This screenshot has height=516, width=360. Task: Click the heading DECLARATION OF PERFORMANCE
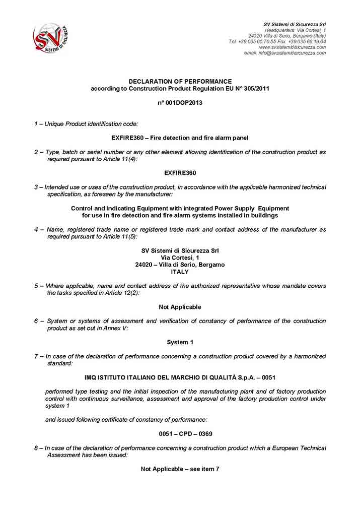click(x=180, y=81)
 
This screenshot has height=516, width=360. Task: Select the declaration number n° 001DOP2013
click(x=180, y=102)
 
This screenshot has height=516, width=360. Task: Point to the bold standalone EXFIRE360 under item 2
click(x=180, y=173)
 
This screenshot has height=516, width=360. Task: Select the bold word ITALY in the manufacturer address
click(x=180, y=272)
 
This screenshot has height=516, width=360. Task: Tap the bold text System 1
click(x=180, y=342)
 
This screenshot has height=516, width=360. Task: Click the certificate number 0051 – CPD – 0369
click(x=180, y=434)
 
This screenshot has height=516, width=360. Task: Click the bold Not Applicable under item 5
click(x=180, y=307)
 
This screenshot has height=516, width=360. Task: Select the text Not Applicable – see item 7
click(x=180, y=469)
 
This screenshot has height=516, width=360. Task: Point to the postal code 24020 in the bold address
click(x=144, y=265)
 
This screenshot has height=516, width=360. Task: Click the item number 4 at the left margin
click(x=36, y=229)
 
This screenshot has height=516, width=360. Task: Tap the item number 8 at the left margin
click(x=36, y=448)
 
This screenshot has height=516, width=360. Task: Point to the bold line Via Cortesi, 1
click(x=180, y=257)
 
